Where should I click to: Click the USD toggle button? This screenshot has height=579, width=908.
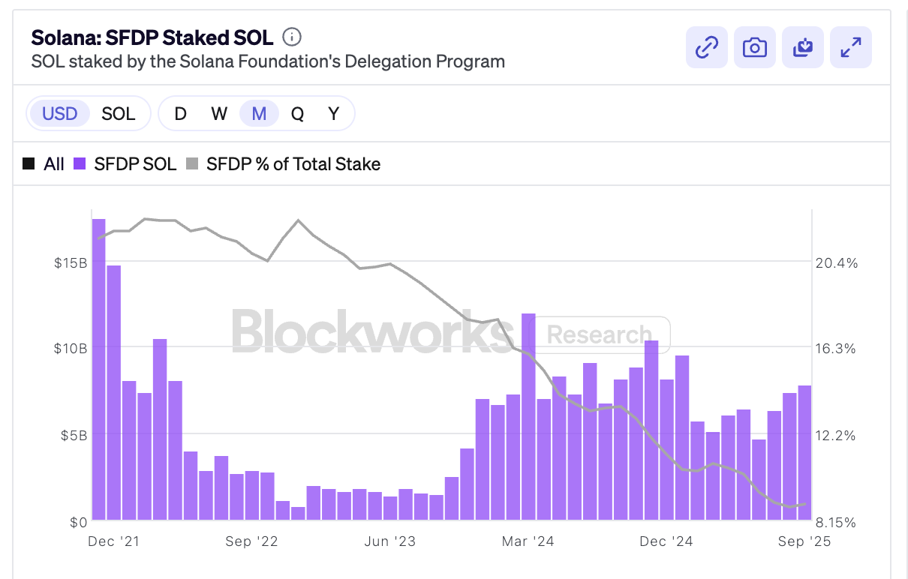point(60,114)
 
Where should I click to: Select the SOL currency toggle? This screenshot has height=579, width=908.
point(119,114)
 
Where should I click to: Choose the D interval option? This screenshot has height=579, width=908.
point(180,114)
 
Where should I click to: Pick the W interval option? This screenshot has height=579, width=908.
point(219,114)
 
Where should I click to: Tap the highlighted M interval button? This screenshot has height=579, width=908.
point(259,114)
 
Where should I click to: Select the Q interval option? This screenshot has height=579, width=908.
point(298,114)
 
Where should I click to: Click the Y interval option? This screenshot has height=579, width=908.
point(334,114)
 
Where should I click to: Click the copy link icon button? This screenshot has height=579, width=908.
point(707,47)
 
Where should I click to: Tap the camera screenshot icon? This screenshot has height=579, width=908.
point(755,47)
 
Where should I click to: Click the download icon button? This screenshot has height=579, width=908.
point(803,47)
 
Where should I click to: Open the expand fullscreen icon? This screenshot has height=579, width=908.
point(851,47)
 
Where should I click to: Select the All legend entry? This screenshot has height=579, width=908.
point(44,164)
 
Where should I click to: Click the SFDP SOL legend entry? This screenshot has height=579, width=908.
point(125,164)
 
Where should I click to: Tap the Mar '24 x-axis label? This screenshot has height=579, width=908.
point(528,541)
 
